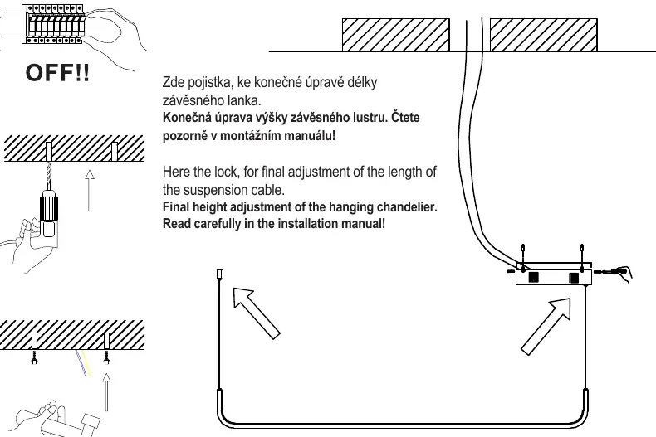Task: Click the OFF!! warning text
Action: [x=57, y=72]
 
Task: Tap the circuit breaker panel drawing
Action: [x=52, y=24]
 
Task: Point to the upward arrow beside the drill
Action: [x=89, y=190]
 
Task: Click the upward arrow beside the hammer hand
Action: [x=106, y=392]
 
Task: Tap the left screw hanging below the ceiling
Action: [x=35, y=357]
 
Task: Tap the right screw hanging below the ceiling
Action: [x=106, y=357]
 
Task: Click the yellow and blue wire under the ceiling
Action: [x=83, y=363]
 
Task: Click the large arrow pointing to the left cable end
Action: [x=256, y=313]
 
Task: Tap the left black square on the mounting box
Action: [x=533, y=277]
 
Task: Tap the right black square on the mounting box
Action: [x=574, y=278]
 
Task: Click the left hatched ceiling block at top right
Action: [x=396, y=35]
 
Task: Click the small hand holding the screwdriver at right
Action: [x=624, y=273]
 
